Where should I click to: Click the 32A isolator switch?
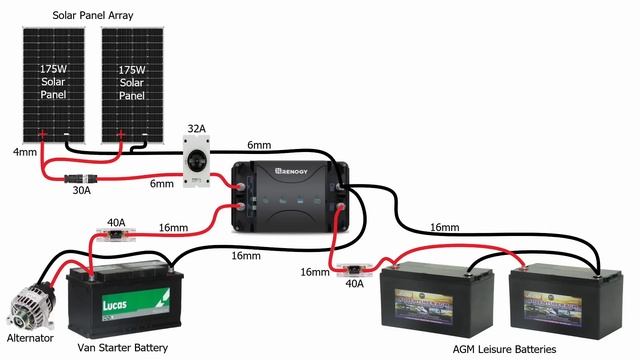coord(197,160)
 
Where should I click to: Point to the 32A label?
coord(197,130)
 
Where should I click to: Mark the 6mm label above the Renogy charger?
coord(259,146)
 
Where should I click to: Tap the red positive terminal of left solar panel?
coord(42,134)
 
